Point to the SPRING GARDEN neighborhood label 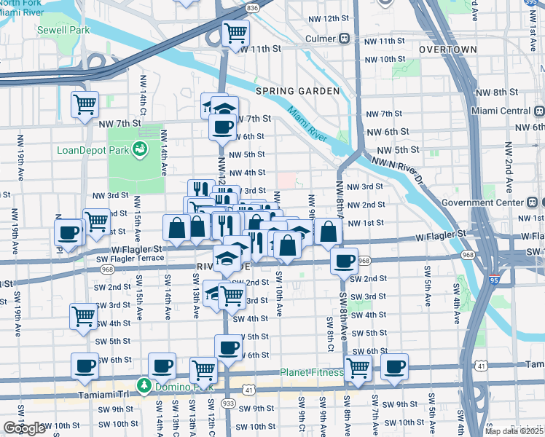pyautogui.click(x=297, y=91)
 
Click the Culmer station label pyautogui.click(x=321, y=38)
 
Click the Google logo pyautogui.click(x=24, y=428)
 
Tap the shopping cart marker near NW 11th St pyautogui.click(x=235, y=33)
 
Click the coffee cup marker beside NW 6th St pyautogui.click(x=222, y=126)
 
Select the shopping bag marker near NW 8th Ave pyautogui.click(x=329, y=232)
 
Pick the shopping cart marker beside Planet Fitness pyautogui.click(x=358, y=367)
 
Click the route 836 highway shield pyautogui.click(x=252, y=7)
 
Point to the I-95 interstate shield pyautogui.click(x=495, y=277)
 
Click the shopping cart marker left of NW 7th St pyautogui.click(x=85, y=105)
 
